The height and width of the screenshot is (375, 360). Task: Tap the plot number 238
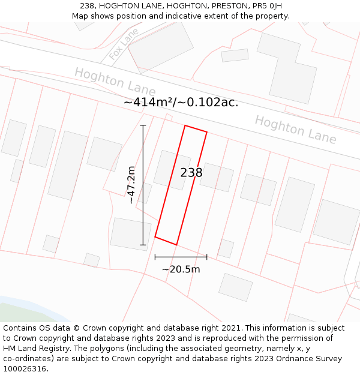191,173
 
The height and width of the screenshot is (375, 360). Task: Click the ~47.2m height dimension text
132,185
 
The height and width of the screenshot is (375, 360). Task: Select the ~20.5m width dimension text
181,269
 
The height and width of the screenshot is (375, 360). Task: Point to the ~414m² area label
181,103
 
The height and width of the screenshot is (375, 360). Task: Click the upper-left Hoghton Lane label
115,82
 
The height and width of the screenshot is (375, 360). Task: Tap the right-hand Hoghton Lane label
295,129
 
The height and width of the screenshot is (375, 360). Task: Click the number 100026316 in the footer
23,368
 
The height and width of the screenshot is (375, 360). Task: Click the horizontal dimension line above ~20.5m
181,257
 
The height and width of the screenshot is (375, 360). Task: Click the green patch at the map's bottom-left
18,312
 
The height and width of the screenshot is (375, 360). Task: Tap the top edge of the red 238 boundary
196,129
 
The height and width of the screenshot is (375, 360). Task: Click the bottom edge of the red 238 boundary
166,241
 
